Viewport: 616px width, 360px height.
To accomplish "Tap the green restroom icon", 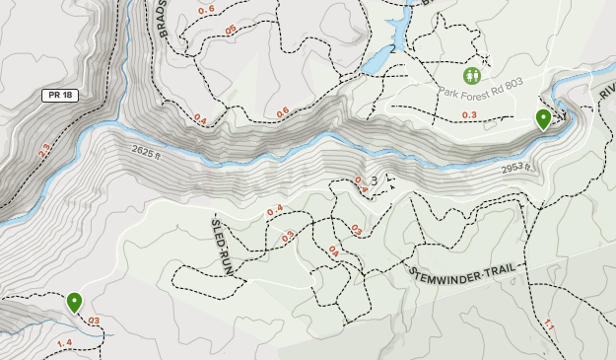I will click(x=472, y=75).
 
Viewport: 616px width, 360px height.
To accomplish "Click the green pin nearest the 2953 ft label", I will click(x=543, y=119).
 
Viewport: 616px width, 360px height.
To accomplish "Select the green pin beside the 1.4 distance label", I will click(x=74, y=302).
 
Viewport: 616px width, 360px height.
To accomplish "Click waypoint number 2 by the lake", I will click(x=392, y=48).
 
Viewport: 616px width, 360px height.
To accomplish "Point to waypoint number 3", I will click(x=375, y=180).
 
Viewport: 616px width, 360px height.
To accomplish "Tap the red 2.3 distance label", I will click(x=42, y=151).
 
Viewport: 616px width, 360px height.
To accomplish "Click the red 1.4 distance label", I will click(x=65, y=342).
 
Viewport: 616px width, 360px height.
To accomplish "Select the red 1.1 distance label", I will click(x=549, y=324).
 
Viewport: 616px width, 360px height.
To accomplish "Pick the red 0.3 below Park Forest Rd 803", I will click(x=469, y=115).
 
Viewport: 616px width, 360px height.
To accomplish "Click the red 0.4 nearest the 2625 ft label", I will click(x=201, y=119).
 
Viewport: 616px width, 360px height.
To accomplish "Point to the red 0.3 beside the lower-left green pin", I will click(x=94, y=321).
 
